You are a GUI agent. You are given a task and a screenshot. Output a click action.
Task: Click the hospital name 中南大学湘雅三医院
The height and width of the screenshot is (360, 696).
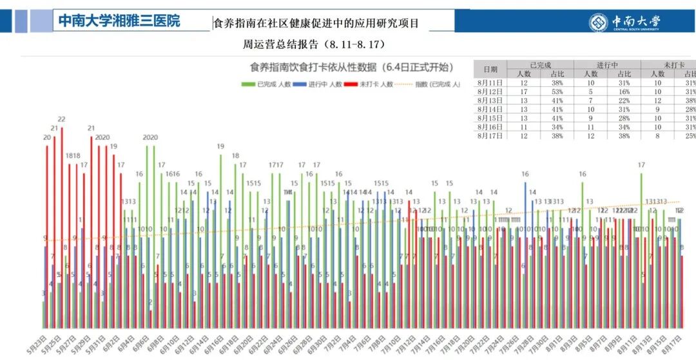[119, 21]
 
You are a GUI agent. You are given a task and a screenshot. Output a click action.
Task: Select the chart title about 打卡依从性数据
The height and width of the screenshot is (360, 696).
[351, 67]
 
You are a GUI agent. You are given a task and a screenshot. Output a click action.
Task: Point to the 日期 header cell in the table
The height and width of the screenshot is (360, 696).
[490, 70]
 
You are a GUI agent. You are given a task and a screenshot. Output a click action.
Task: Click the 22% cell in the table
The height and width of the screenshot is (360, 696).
[624, 101]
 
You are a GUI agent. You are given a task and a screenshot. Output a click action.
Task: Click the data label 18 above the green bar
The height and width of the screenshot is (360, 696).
[235, 156]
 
